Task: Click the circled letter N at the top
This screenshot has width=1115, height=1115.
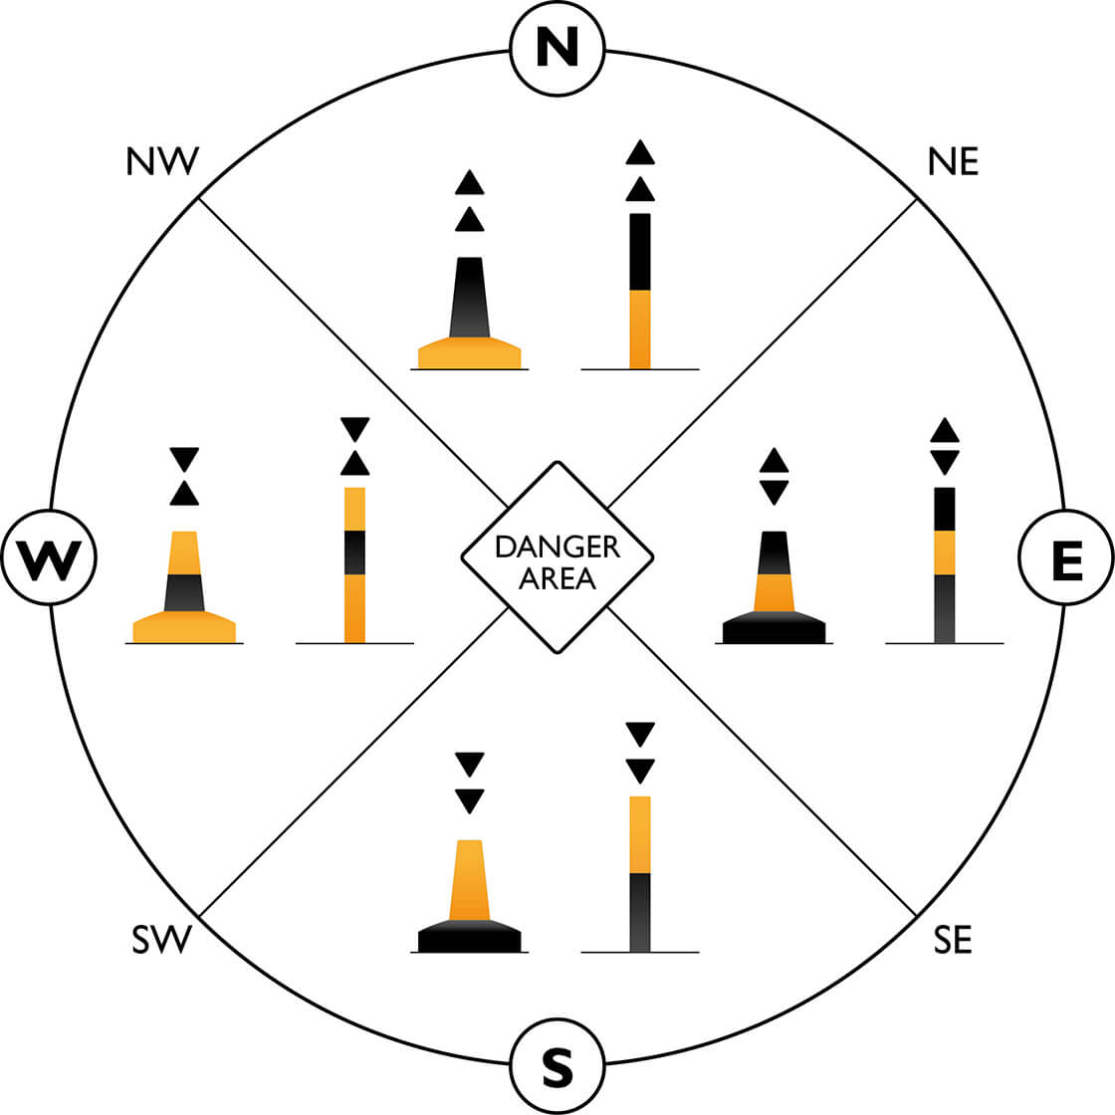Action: pyautogui.click(x=557, y=47)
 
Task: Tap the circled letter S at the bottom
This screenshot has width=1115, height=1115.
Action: pyautogui.click(x=557, y=1067)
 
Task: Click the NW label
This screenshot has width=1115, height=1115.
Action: pyautogui.click(x=163, y=161)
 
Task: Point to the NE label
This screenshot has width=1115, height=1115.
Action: pyautogui.click(x=953, y=161)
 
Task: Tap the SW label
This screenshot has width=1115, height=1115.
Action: pyautogui.click(x=161, y=940)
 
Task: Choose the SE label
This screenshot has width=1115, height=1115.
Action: pyautogui.click(x=953, y=940)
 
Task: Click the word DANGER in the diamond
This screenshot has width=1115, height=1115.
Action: pyautogui.click(x=557, y=547)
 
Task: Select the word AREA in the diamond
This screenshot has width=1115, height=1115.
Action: pyautogui.click(x=557, y=577)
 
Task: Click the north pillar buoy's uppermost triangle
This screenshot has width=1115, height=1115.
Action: pyautogui.click(x=640, y=153)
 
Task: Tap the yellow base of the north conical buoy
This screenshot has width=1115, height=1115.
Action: pyautogui.click(x=469, y=355)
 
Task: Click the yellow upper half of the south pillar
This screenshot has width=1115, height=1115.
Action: pyautogui.click(x=640, y=834)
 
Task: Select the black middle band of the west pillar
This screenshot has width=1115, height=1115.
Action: pyautogui.click(x=354, y=553)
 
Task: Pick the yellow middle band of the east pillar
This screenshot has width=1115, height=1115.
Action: pyautogui.click(x=944, y=553)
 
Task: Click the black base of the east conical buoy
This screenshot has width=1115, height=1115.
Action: pyautogui.click(x=774, y=630)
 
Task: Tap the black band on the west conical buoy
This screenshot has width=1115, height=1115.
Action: pyautogui.click(x=184, y=592)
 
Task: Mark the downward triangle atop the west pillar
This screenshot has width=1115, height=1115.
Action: pyautogui.click(x=354, y=428)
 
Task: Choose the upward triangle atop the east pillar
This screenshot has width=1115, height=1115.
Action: pyautogui.click(x=944, y=430)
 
